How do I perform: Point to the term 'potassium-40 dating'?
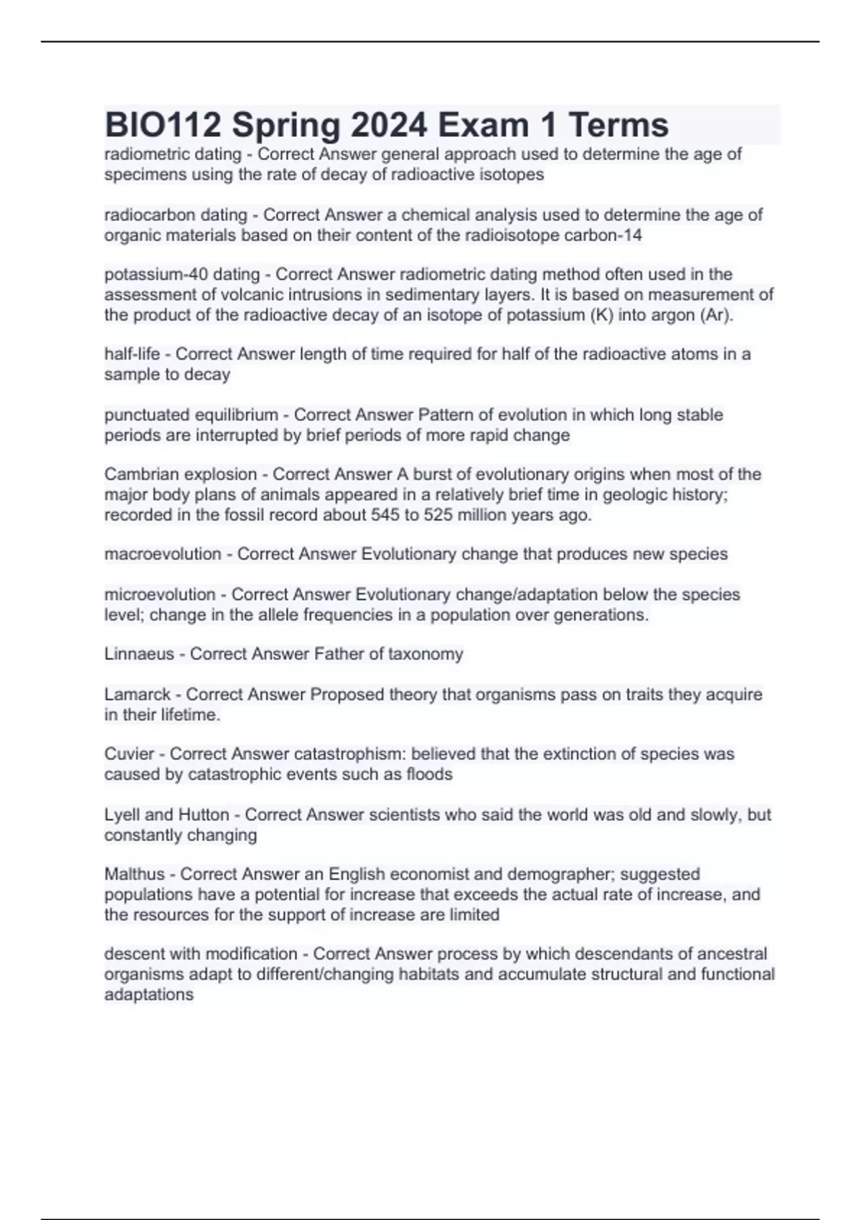(182, 274)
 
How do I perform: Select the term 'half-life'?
(132, 354)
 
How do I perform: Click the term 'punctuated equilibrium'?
(191, 415)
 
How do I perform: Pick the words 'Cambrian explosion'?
(180, 474)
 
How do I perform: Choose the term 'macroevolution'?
(163, 554)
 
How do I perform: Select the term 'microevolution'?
(160, 594)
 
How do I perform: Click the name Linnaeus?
(139, 654)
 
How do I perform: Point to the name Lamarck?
(137, 695)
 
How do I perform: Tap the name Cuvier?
(129, 754)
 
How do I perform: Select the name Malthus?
(134, 874)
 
